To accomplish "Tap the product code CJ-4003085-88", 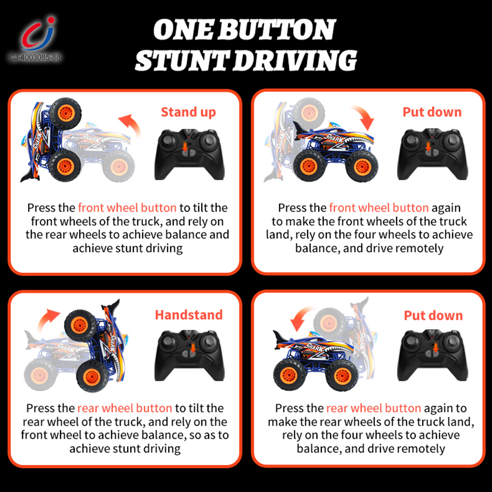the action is tap(35, 58).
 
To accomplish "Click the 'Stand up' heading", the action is tap(188, 112).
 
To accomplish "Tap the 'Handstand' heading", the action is tap(189, 315).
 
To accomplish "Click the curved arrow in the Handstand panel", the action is tap(47, 319).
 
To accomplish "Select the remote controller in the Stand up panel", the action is tap(189, 154).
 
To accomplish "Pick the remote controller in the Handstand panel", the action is tap(189, 356).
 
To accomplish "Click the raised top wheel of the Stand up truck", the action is tap(65, 113).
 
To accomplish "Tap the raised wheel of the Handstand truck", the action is tap(80, 326).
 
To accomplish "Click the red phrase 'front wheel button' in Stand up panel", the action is tap(127, 208).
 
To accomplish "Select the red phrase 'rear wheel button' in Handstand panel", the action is tap(124, 408).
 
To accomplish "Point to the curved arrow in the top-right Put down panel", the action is tap(365, 117).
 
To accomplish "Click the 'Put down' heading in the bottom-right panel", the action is tap(433, 315).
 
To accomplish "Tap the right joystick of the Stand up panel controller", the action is tap(209, 140).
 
